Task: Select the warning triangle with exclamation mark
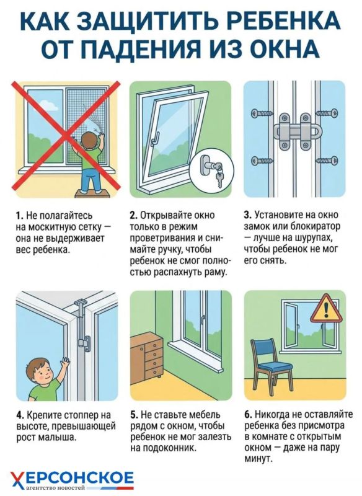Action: pyautogui.click(x=326, y=309)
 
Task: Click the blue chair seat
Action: pyautogui.click(x=276, y=366)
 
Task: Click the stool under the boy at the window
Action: pyautogui.click(x=92, y=194)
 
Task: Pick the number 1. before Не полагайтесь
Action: pyautogui.click(x=20, y=215)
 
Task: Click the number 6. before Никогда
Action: pyautogui.click(x=248, y=414)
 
